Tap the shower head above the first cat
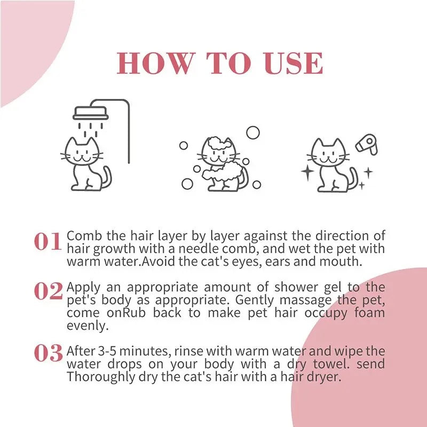pos(90,113)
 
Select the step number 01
pos(48,242)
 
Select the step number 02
pos(48,291)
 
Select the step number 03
pos(48,353)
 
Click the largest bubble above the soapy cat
pos(252,132)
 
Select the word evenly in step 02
pos(83,326)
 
